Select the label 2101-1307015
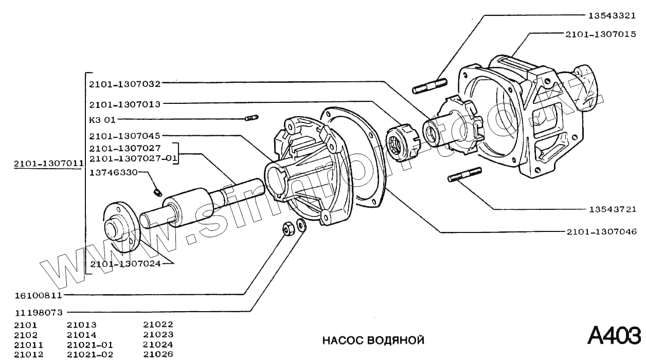(601, 34)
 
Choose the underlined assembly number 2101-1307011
(49, 164)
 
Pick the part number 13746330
(114, 172)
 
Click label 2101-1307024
(125, 264)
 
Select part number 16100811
(38, 296)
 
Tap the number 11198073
(38, 312)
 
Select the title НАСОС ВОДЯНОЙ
(373, 340)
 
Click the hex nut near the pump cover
(289, 227)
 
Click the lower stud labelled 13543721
(464, 174)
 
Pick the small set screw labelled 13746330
(158, 192)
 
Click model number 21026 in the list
(158, 354)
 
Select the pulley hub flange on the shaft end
(119, 228)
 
